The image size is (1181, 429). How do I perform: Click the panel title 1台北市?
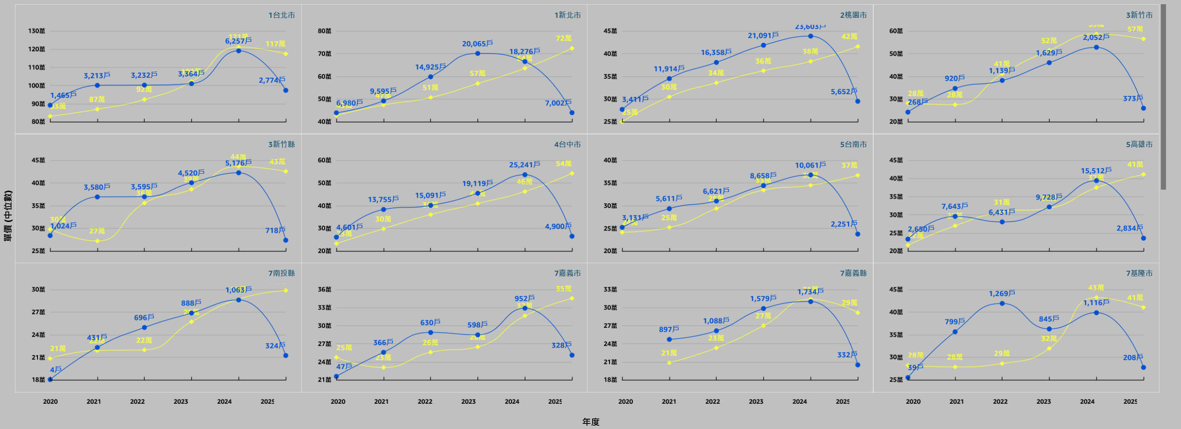point(282,15)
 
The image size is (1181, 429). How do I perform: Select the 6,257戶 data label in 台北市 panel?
point(238,41)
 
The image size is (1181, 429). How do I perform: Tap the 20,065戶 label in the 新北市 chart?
point(477,44)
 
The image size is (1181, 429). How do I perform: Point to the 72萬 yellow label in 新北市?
point(564,38)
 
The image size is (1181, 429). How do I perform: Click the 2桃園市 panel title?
point(853,15)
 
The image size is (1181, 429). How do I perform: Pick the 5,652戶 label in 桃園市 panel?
point(844,92)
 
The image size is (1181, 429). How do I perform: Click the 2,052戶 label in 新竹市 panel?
point(1096,37)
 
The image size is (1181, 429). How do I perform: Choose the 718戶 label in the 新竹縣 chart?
point(275,230)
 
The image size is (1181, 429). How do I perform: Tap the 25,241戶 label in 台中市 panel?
point(524,165)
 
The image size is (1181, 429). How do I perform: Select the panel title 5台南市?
point(853,144)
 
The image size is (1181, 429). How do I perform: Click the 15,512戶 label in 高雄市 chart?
point(1096,171)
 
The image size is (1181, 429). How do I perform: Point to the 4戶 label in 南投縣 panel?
point(56,370)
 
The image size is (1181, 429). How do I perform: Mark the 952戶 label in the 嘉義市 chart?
point(524,298)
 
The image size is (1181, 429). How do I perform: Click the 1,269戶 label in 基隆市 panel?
point(1002,294)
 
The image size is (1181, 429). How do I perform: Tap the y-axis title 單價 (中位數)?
point(8,216)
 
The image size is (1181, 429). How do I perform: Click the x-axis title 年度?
point(590,422)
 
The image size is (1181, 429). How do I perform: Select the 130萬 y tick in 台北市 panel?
point(37,31)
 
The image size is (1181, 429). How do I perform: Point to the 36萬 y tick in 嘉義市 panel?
point(324,289)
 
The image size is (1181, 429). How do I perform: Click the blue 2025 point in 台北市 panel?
point(286,90)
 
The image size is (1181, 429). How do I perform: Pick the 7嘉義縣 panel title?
point(853,273)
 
